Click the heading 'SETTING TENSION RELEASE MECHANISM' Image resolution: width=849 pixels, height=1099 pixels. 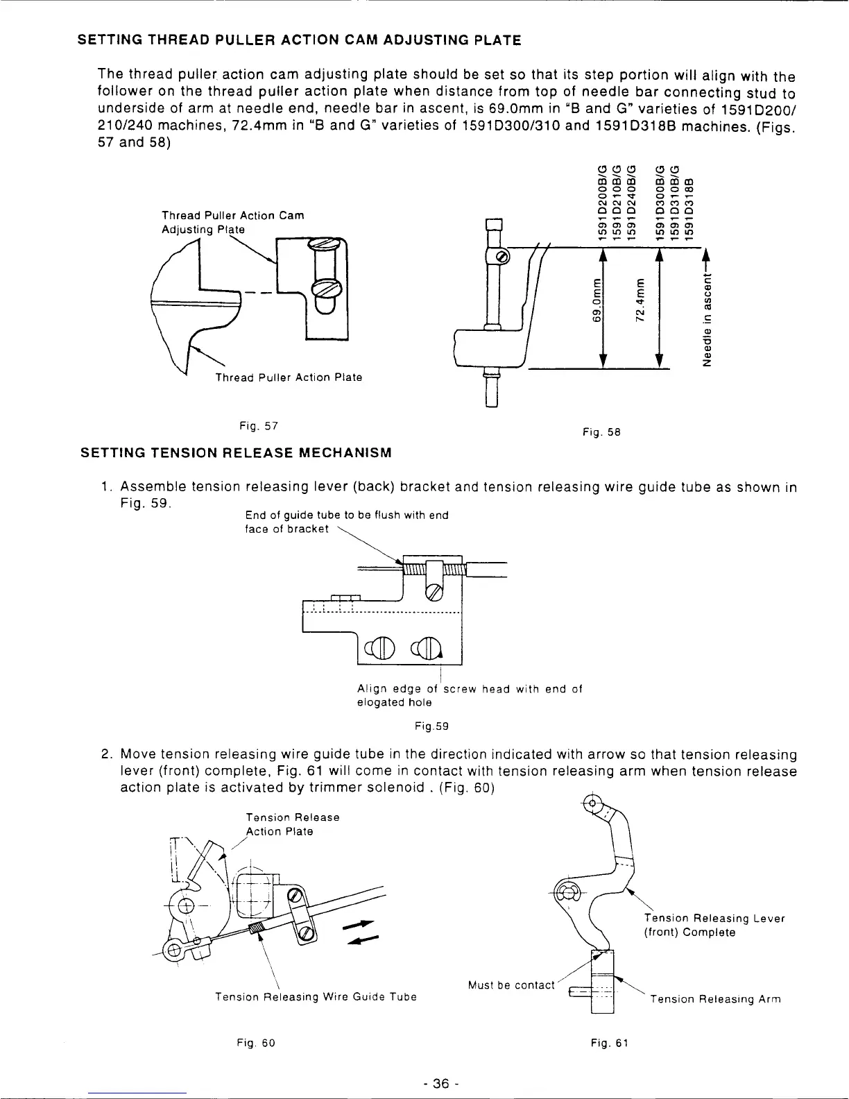[x=237, y=453]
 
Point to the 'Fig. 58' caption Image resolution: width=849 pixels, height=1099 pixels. [x=601, y=432]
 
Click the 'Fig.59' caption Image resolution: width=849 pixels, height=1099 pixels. [x=431, y=726]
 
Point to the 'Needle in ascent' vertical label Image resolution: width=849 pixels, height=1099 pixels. [x=707, y=320]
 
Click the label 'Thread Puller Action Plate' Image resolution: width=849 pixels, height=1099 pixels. [x=289, y=377]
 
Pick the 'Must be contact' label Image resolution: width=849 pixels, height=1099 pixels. [x=511, y=985]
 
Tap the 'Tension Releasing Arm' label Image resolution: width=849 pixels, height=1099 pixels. [x=714, y=999]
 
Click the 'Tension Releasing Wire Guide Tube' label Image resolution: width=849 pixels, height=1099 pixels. [x=316, y=997]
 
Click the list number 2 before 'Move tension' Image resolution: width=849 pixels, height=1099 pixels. [x=106, y=754]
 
